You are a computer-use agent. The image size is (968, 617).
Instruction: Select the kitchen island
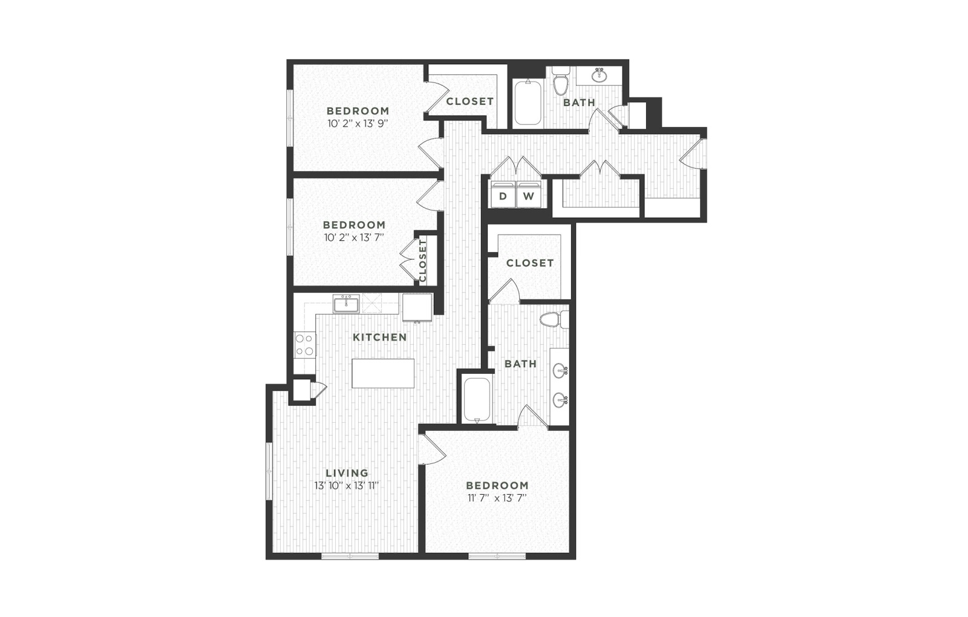tap(383, 373)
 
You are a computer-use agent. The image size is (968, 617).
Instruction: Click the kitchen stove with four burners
tap(304, 345)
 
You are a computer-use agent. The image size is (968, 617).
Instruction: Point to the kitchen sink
tap(346, 303)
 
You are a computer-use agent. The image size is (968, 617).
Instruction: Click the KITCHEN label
tap(380, 337)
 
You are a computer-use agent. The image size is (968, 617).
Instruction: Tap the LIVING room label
tap(347, 472)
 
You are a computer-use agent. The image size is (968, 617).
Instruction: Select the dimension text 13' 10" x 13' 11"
tap(347, 486)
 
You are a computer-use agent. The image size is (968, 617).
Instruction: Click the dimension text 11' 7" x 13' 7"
tap(497, 498)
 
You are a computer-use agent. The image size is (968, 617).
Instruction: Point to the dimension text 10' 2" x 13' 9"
tap(358, 123)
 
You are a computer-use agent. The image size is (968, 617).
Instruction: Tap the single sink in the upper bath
tap(600, 76)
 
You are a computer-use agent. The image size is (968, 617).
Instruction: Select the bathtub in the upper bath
tap(528, 102)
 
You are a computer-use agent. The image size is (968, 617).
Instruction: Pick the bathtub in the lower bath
tap(477, 400)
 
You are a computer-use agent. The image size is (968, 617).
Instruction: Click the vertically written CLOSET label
tap(423, 261)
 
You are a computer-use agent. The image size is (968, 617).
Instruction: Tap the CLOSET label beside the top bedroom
tap(469, 101)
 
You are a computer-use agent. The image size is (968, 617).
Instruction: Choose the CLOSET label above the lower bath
tap(530, 263)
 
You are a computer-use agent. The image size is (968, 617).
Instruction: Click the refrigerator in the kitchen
tap(417, 307)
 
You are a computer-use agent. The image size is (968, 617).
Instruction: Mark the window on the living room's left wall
tap(269, 471)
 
